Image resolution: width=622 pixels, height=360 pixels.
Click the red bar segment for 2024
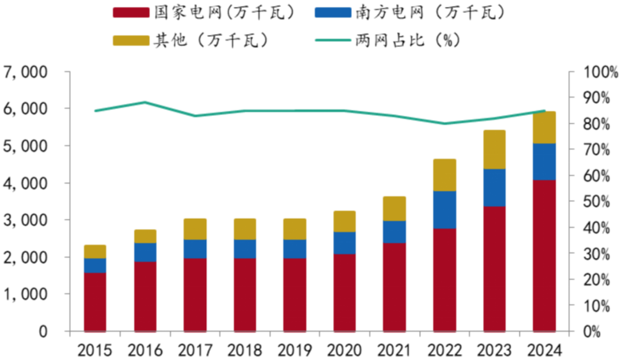click(544, 256)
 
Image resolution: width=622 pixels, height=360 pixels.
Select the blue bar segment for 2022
click(445, 210)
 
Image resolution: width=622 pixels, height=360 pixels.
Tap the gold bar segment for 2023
click(494, 150)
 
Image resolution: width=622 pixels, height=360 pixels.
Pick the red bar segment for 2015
click(95, 302)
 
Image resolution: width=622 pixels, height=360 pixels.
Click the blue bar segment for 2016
click(145, 252)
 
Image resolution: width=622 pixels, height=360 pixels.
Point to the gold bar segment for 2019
click(295, 229)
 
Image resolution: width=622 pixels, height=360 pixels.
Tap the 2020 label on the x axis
click(344, 350)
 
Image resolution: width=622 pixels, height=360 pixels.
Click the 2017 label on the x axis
click(195, 350)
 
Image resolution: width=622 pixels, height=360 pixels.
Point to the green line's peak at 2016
click(145, 103)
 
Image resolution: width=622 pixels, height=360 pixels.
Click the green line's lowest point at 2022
click(445, 123)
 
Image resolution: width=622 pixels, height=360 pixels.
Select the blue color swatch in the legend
click(333, 13)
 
